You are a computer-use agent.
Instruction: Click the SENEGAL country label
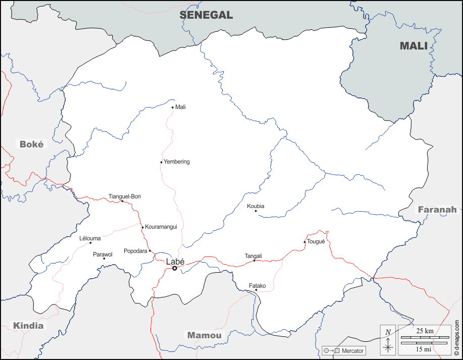click(x=206, y=15)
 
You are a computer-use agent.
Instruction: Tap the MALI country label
click(x=414, y=46)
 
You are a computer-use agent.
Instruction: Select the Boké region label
click(x=32, y=144)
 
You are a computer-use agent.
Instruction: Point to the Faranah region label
click(x=437, y=210)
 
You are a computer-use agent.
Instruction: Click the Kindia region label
click(x=28, y=326)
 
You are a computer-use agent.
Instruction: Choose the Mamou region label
click(x=204, y=335)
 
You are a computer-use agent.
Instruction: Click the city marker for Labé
click(x=175, y=268)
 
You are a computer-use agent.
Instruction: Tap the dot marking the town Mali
click(x=173, y=107)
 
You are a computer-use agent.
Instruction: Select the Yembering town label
click(x=177, y=162)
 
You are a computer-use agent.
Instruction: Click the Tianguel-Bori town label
click(x=124, y=196)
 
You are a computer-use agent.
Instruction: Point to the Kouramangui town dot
click(x=143, y=227)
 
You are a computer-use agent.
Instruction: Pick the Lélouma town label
click(x=90, y=238)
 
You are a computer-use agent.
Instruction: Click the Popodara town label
click(x=135, y=251)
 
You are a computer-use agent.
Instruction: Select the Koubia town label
click(x=255, y=206)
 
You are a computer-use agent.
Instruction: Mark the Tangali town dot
click(x=254, y=261)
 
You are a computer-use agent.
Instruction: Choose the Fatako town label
click(x=257, y=286)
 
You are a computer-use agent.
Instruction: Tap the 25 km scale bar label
click(x=425, y=331)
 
